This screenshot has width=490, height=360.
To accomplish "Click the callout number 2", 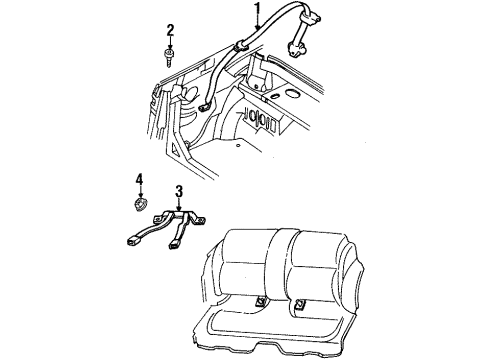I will pos(170,30).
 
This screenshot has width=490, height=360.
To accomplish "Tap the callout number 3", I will pos(178,191).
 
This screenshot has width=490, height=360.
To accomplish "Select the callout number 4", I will pos(141,180).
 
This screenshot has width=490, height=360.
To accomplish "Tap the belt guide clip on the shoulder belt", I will pos(241,43).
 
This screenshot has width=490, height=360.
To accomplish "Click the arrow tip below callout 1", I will pos(243,41).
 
